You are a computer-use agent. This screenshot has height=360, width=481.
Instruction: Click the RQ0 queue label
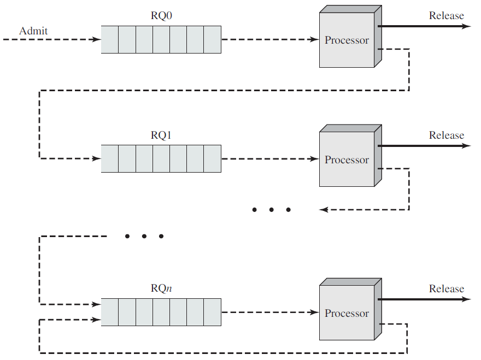tap(161, 16)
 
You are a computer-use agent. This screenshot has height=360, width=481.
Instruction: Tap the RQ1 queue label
tap(161, 135)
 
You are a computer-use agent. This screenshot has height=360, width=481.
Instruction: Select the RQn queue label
tap(161, 288)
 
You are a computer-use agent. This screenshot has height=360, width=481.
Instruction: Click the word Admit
tap(33, 31)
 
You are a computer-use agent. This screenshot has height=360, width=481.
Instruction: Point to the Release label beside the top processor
tap(447, 16)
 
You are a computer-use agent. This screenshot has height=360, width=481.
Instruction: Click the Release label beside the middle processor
tap(447, 135)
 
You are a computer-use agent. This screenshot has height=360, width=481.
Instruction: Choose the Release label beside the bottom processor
tap(447, 288)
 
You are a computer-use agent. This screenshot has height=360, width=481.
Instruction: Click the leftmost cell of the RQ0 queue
tap(110, 39)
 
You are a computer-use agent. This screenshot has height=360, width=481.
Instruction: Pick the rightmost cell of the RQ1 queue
tap(212, 158)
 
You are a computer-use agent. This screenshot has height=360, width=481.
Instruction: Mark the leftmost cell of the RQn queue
tap(110, 312)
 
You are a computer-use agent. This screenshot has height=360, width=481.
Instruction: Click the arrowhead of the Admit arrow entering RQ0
tap(97, 39)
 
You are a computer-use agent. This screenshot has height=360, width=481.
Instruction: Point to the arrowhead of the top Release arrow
tap(466, 26)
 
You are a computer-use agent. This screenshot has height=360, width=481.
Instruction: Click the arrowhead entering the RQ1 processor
tap(315, 159)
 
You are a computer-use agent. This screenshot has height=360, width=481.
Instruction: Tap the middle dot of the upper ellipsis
tap(271, 210)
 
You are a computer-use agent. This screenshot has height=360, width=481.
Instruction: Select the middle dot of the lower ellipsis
tap(144, 236)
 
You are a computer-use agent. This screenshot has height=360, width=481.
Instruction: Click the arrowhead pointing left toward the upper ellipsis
tap(324, 210)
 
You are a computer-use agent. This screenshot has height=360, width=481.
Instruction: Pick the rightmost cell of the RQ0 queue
tap(212, 39)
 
